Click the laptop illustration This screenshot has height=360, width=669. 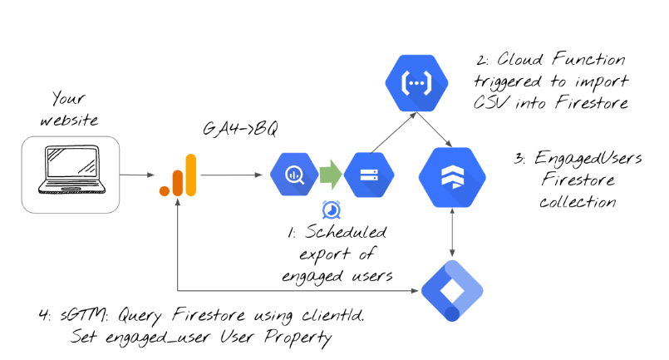coord(71,173)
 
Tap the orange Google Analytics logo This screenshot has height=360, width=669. coord(177,175)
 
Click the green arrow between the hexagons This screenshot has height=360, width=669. coord(330,175)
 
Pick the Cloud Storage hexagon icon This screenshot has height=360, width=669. coord(369,175)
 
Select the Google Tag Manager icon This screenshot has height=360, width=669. coord(452,288)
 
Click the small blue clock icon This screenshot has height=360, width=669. coord(330,209)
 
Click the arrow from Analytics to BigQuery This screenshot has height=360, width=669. coord(234,175)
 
